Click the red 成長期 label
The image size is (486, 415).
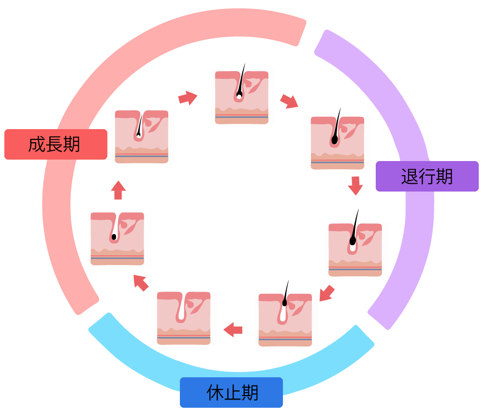(x=56, y=145)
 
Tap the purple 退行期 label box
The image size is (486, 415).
(x=427, y=177)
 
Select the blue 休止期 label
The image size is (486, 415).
(x=231, y=392)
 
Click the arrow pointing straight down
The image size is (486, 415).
(x=355, y=186)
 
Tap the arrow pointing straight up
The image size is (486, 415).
(x=118, y=190)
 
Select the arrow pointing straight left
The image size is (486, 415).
(x=233, y=329)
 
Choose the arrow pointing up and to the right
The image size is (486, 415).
(x=188, y=98)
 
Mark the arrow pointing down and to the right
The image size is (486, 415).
(x=289, y=101)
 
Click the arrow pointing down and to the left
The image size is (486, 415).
(x=327, y=293)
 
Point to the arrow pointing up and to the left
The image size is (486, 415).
(x=141, y=283)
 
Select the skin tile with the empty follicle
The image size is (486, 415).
(x=184, y=318)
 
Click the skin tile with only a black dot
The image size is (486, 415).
(x=117, y=238)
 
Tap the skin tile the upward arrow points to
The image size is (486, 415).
(x=142, y=137)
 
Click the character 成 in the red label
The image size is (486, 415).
(x=37, y=145)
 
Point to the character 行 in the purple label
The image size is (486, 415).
(x=427, y=177)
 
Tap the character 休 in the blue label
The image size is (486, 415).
(x=215, y=392)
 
